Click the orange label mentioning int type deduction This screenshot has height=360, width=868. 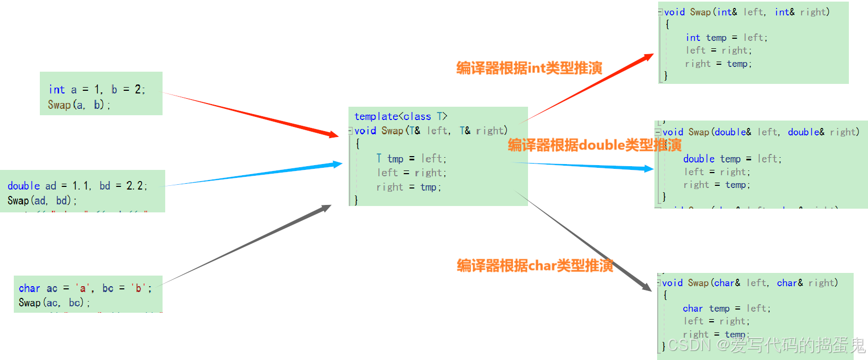(x=529, y=68)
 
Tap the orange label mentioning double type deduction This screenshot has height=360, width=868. (x=594, y=145)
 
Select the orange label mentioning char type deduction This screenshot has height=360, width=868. (x=534, y=265)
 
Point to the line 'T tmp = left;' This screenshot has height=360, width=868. (x=411, y=159)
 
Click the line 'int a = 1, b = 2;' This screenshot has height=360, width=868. (x=97, y=90)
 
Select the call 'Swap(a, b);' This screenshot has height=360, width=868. (x=79, y=105)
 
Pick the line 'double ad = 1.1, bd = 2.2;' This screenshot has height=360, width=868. (x=77, y=186)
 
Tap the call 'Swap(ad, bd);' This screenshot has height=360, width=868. (x=42, y=201)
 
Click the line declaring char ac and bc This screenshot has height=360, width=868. (x=85, y=288)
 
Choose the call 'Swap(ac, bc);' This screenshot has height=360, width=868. (x=54, y=303)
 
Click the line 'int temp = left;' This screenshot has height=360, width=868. (x=726, y=38)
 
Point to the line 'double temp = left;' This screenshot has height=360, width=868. (x=732, y=159)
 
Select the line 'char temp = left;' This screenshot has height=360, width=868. (x=726, y=308)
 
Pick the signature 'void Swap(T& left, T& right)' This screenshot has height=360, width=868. (x=431, y=131)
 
